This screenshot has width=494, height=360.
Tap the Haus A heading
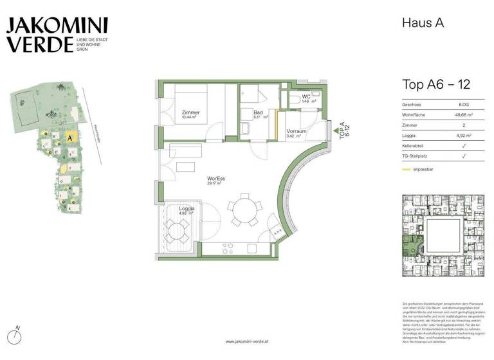[423, 23]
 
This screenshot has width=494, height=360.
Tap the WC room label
[306, 98]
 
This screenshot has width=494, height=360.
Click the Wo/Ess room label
[214, 179]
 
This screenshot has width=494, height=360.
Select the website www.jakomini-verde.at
[247, 341]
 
